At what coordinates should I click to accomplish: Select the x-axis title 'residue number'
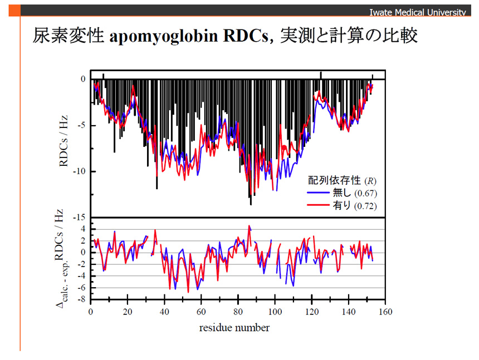click(x=234, y=328)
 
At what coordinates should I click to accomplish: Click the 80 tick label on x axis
click(x=238, y=312)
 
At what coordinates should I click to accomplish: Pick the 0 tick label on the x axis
click(x=91, y=312)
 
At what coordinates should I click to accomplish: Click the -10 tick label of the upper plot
click(x=79, y=171)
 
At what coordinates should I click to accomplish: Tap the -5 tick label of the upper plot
click(x=81, y=125)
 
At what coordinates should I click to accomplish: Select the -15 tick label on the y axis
click(x=79, y=218)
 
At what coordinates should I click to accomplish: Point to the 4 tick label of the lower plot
click(x=83, y=229)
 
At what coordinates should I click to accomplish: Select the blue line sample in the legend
click(x=319, y=193)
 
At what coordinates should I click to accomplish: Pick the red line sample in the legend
click(x=319, y=205)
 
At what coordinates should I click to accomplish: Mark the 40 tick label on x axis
click(x=164, y=312)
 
